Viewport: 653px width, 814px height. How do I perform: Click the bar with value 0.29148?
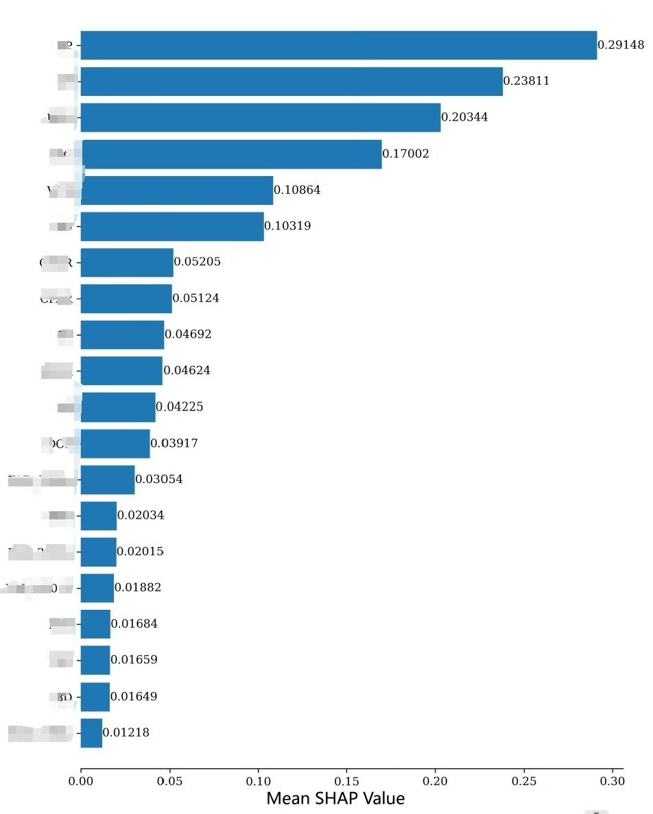[339, 45]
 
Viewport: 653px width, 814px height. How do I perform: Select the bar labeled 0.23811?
[292, 82]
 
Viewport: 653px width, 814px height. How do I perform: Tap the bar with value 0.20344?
[261, 118]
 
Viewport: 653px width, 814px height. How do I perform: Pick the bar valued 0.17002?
[231, 154]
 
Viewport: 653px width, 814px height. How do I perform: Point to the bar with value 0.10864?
[177, 190]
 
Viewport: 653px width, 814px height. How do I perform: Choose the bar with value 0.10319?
[172, 226]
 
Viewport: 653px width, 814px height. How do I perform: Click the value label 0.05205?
[198, 262]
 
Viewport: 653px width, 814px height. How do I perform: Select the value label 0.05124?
[196, 299]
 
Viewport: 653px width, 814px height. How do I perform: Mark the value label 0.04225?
[180, 407]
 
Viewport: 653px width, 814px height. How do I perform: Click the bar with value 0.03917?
[115, 443]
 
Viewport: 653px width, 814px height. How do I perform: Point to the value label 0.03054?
[159, 480]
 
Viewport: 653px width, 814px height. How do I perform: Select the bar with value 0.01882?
[97, 588]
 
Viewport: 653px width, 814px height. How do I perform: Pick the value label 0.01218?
[126, 733]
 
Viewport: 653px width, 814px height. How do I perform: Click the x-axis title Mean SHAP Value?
[335, 798]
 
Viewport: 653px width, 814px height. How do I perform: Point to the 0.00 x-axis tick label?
[81, 781]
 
